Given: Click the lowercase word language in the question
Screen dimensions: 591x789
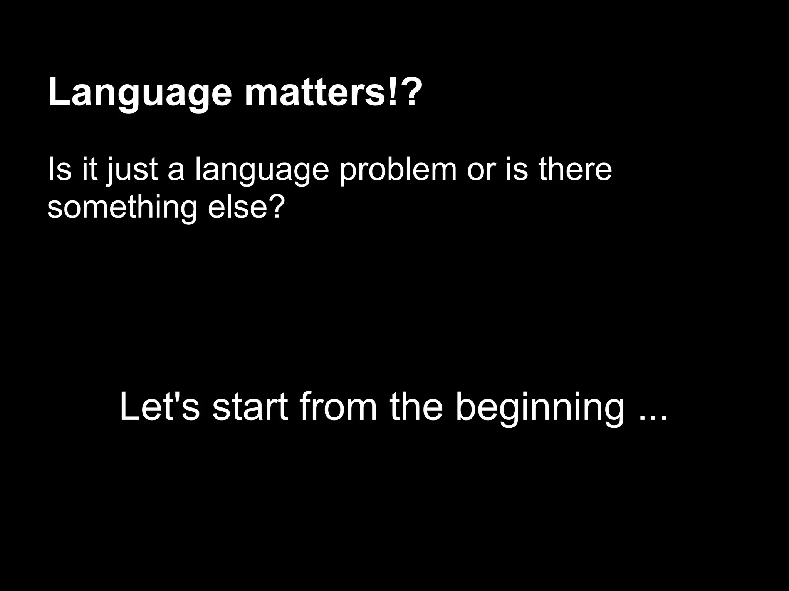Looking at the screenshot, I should point(262,171).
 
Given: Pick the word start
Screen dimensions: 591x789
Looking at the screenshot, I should point(250,408).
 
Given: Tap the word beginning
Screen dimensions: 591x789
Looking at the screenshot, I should point(540,410).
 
